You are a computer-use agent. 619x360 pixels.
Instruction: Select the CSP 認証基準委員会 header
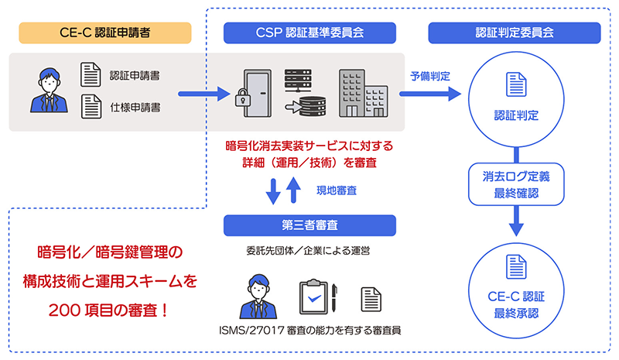pos(309,33)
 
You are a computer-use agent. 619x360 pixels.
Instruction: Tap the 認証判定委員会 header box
pos(514,33)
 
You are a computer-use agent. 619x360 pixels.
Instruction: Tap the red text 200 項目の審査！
pos(108,312)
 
